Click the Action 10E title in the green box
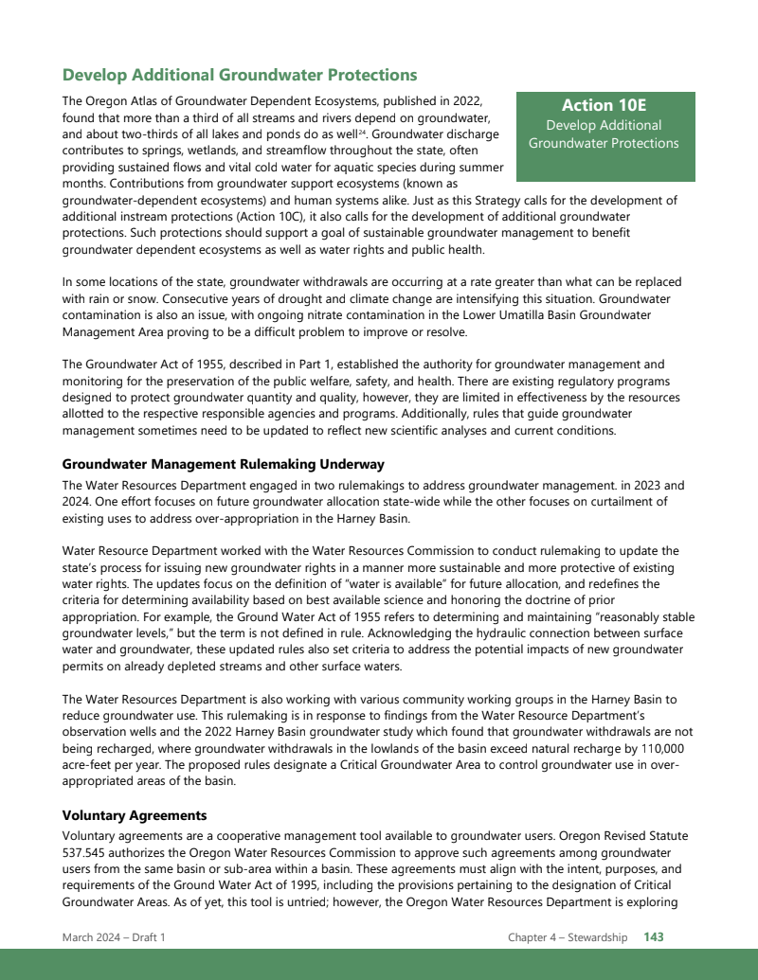pos(604,105)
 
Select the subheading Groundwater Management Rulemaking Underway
pos(223,464)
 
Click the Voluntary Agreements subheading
pos(134,815)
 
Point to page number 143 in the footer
pos(654,937)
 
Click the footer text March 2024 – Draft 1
pos(114,937)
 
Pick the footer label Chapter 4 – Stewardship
pos(568,937)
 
